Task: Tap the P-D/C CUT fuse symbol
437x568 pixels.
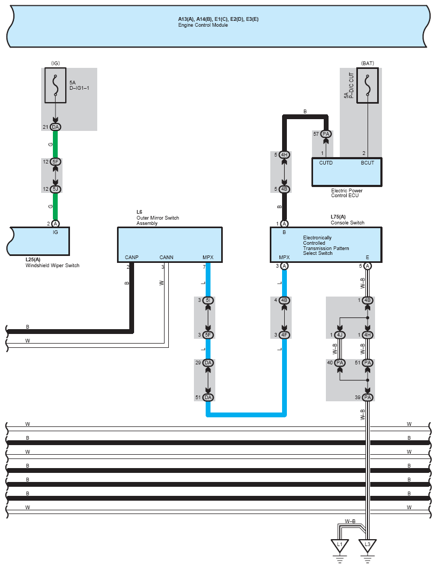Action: [367, 85]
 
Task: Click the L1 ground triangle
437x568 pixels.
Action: [339, 546]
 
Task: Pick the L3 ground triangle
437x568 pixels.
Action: [367, 546]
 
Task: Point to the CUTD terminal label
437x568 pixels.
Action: [326, 163]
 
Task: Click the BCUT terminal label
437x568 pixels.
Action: [367, 163]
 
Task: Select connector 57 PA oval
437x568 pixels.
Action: [326, 134]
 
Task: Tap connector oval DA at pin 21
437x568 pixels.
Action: [55, 127]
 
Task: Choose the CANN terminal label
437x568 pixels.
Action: [166, 258]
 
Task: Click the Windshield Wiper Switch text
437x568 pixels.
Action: [52, 265]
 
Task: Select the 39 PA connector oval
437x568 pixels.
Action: [367, 398]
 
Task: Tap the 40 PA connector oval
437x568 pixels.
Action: [340, 363]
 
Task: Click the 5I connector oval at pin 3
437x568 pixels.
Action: [208, 300]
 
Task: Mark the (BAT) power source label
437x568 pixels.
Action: [368, 63]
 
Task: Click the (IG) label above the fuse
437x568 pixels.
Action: [55, 63]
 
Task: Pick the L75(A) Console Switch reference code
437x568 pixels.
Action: [338, 217]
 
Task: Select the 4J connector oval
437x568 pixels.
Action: [340, 335]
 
